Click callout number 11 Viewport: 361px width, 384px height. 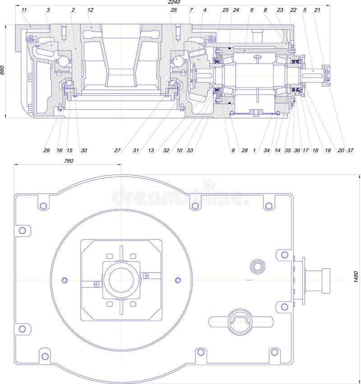pos(24,9)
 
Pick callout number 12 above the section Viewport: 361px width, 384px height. pos(90,9)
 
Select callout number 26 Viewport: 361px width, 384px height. pos(174,9)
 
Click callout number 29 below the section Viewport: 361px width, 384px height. pos(46,150)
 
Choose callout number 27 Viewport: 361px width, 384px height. pos(117,150)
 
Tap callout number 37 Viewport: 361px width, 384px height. pos(350,150)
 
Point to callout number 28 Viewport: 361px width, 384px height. pos(244,150)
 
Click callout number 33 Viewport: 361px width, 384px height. pos(190,150)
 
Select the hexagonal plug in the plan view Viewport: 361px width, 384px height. pos(258,267)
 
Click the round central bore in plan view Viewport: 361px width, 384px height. pos(120,280)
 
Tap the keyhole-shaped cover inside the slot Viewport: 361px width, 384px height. pos(240,321)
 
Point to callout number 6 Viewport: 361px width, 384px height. pos(251,9)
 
